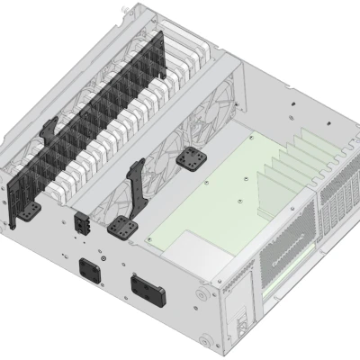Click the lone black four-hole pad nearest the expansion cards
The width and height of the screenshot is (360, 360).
(191, 157)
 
